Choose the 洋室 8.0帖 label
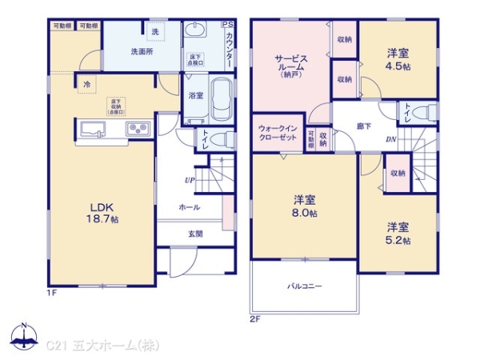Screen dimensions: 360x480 coord(303,206)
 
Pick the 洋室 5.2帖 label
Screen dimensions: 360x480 coord(397,233)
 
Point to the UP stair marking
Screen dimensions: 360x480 coord(189,179)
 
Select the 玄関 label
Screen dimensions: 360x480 coord(195,234)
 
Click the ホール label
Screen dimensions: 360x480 coord(190,206)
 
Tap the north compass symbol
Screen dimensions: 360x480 coord(24,337)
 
